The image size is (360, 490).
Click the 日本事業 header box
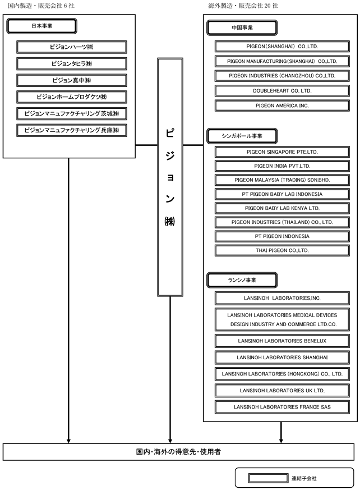coord(42,26)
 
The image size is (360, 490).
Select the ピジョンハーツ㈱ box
coord(72,47)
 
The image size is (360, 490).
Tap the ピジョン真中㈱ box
coord(72,80)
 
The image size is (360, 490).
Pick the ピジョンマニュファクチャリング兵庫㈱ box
coord(72,130)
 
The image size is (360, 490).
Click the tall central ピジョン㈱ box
coord(170,177)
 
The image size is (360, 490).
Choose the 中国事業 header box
coord(242,28)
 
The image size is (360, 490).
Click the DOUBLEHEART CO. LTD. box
coord(282,90)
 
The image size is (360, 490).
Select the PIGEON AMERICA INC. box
coord(282,106)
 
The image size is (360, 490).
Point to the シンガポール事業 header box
coord(242,136)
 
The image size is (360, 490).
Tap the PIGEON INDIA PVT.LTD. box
coord(282,166)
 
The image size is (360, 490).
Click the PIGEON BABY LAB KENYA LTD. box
coord(282,208)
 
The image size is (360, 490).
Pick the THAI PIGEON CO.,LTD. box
coord(282,250)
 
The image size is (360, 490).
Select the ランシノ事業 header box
coord(242,280)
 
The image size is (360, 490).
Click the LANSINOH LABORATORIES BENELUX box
coord(282,341)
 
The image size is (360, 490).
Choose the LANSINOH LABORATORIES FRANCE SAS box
coord(282,407)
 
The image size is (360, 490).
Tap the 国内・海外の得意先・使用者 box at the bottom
coord(178,452)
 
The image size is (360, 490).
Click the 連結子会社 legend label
coord(304,478)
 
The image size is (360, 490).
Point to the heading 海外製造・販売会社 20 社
coord(243,6)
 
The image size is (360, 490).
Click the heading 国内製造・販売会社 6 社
coord(41,6)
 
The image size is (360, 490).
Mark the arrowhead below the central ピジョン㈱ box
coord(170,441)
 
